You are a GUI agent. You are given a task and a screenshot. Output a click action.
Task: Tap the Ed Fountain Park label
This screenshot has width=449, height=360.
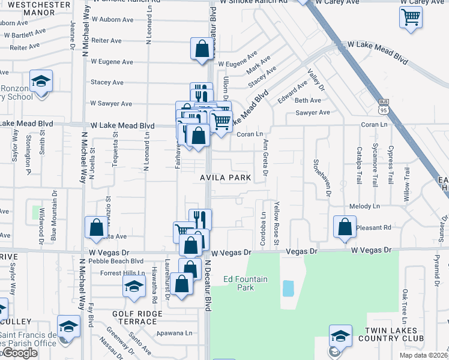pos(245,283)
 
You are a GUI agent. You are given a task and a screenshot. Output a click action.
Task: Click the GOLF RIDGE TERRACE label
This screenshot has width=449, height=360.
pos(137,317)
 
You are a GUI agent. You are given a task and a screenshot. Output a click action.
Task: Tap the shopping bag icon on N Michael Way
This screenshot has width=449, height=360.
pos(96,227)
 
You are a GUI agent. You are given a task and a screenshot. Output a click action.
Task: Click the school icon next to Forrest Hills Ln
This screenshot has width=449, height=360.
pos(134,286)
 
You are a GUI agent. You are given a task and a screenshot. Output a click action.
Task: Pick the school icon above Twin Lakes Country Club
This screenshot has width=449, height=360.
pos(340,335)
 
